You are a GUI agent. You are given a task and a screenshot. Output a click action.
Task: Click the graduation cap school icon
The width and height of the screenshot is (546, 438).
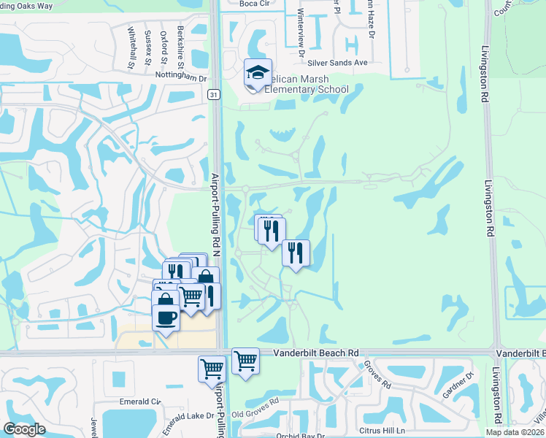click(x=258, y=72)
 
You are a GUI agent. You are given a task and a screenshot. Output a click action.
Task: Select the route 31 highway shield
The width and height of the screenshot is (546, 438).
click(x=212, y=94)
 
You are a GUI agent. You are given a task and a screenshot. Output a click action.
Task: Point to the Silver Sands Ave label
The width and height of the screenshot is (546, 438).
click(x=339, y=63)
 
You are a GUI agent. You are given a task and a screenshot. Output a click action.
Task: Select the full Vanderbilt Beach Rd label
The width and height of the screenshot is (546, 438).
click(x=318, y=352)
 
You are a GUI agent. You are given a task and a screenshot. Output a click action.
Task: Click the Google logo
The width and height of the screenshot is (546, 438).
click(x=24, y=429)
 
